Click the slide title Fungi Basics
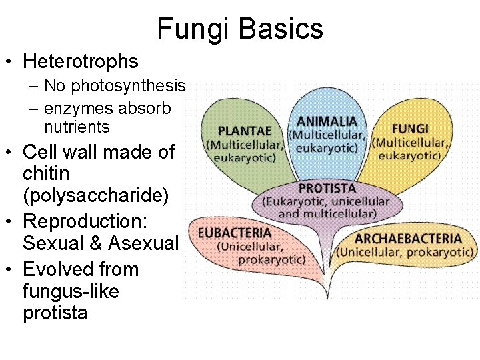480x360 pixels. pyautogui.click(x=240, y=29)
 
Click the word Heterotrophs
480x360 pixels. pyautogui.click(x=81, y=62)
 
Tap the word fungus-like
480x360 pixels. pyautogui.click(x=71, y=291)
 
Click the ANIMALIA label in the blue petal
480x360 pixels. pyautogui.click(x=327, y=122)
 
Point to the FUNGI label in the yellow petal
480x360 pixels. pyautogui.click(x=410, y=129)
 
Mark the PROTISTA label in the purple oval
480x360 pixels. pyautogui.click(x=327, y=189)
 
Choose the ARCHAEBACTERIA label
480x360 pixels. pyautogui.click(x=408, y=239)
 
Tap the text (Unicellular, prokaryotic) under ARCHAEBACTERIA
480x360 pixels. pyautogui.click(x=405, y=253)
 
